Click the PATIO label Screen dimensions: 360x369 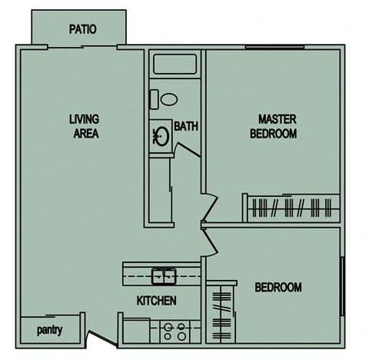click(x=82, y=30)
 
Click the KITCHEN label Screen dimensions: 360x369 click(x=157, y=300)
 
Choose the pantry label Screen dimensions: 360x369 click(x=49, y=332)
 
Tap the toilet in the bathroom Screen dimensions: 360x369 click(x=165, y=98)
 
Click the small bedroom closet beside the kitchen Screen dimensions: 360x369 click(x=220, y=308)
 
